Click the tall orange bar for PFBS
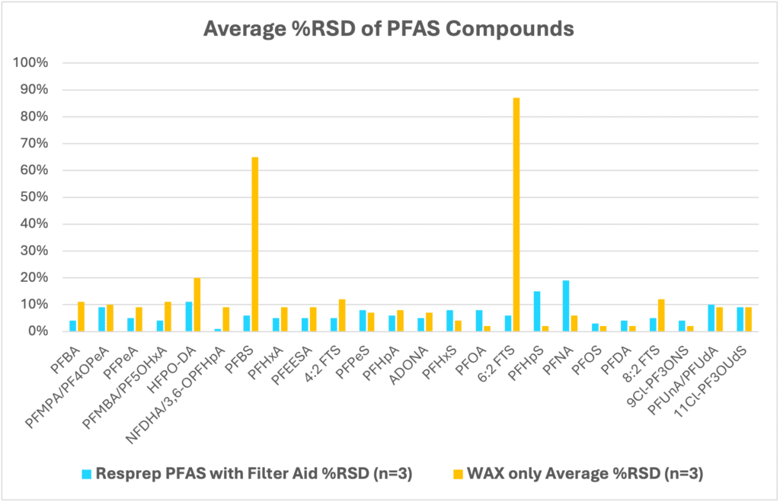pyautogui.click(x=255, y=244)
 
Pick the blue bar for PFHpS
pyautogui.click(x=537, y=312)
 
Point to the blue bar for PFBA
pyautogui.click(x=73, y=326)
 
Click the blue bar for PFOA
pyautogui.click(x=479, y=321)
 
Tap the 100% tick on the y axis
pyautogui.click(x=35, y=63)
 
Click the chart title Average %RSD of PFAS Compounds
pyautogui.click(x=388, y=30)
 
